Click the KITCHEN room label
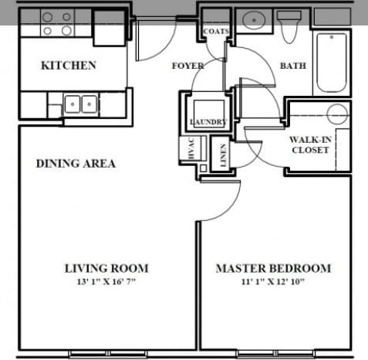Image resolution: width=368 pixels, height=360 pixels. click(68, 66)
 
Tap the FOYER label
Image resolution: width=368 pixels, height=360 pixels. click(187, 66)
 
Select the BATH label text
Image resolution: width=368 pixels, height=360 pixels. click(292, 66)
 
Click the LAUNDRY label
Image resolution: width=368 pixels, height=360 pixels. click(208, 123)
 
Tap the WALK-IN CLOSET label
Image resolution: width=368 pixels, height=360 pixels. click(309, 144)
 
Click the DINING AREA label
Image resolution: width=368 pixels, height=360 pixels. click(76, 163)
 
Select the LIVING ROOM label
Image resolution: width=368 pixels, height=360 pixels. click(106, 268)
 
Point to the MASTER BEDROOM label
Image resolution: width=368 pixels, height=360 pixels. click(272, 268)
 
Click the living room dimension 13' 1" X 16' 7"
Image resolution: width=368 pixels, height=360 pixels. click(106, 281)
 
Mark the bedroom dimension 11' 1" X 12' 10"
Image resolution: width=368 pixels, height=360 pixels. click(272, 281)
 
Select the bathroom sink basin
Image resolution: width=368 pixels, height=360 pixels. click(252, 20)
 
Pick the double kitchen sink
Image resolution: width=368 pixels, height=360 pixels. click(79, 104)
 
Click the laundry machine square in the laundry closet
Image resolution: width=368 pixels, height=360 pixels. click(206, 107)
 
